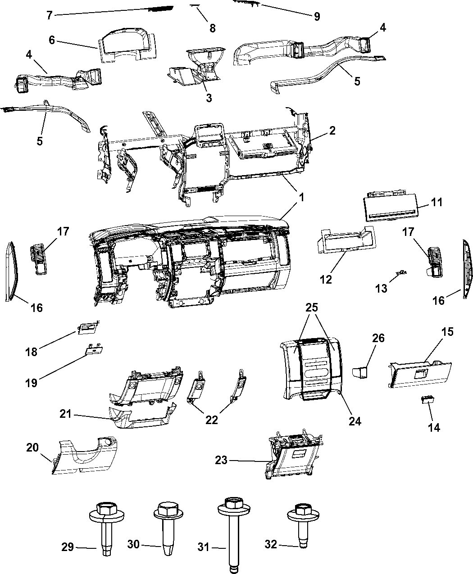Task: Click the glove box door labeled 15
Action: click(420, 373)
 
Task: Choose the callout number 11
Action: click(436, 202)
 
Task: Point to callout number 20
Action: click(32, 447)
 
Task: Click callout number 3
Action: click(209, 98)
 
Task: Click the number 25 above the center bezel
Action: click(312, 308)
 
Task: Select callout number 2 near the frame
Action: click(332, 131)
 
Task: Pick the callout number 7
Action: click(50, 15)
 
